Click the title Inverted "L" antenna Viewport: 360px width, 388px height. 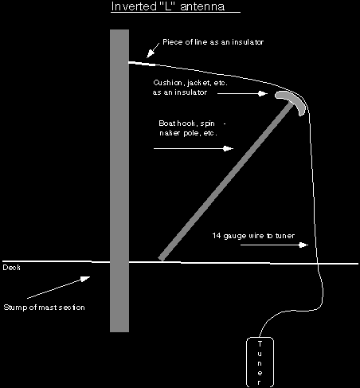pyautogui.click(x=168, y=6)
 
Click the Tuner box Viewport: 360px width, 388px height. pyautogui.click(x=260, y=362)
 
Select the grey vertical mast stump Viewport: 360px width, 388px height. pyautogui.click(x=119, y=181)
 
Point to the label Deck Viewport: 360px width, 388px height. pyautogui.click(x=11, y=268)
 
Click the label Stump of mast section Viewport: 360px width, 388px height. pyautogui.click(x=44, y=308)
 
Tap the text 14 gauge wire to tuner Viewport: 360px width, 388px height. pyautogui.click(x=253, y=236)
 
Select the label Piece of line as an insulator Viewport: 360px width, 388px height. pyautogui.click(x=213, y=42)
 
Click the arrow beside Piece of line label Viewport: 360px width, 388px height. pyautogui.click(x=153, y=50)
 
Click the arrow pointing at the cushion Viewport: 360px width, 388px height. pyautogui.click(x=242, y=93)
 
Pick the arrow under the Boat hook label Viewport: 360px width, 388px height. pyautogui.click(x=194, y=148)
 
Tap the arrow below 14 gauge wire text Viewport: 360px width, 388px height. pyautogui.click(x=274, y=245)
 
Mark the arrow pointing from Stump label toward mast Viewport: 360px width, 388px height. pyautogui.click(x=59, y=288)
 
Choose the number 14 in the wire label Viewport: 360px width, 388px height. pyautogui.click(x=217, y=236)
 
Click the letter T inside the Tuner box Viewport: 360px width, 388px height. pyautogui.click(x=260, y=344)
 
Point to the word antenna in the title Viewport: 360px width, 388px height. pyautogui.click(x=202, y=7)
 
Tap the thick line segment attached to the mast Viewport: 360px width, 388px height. pyautogui.click(x=142, y=64)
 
